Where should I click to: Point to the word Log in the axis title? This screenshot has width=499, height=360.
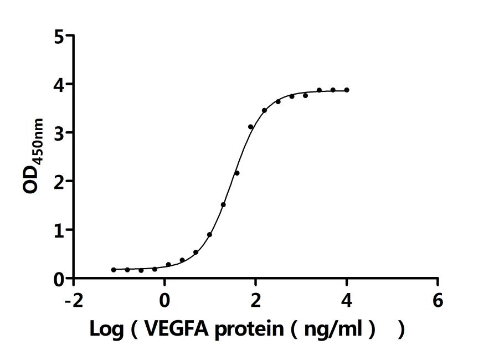[107, 330]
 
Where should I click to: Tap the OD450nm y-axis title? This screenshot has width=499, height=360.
[34, 156]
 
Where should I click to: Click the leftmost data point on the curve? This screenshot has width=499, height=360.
[114, 270]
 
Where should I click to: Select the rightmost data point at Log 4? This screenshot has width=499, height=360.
[347, 90]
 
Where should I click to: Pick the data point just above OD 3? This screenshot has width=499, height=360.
[251, 127]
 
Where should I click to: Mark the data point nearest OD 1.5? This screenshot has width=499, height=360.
[223, 204]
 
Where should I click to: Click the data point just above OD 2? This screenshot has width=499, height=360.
[237, 173]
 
